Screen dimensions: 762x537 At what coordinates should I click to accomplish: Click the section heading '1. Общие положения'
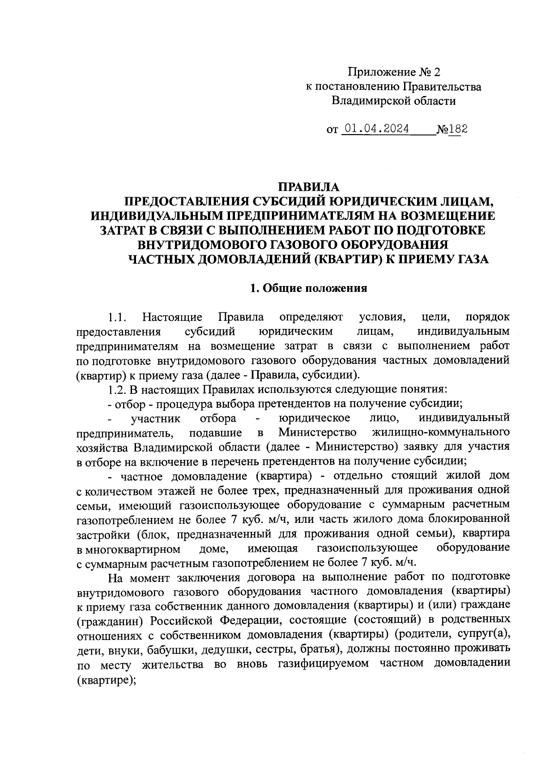[x=309, y=288]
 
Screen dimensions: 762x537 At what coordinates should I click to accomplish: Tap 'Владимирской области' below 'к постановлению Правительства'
[x=393, y=101]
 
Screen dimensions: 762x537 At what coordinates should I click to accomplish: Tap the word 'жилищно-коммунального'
[x=441, y=433]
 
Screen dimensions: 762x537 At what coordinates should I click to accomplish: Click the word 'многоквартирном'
[x=128, y=548]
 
